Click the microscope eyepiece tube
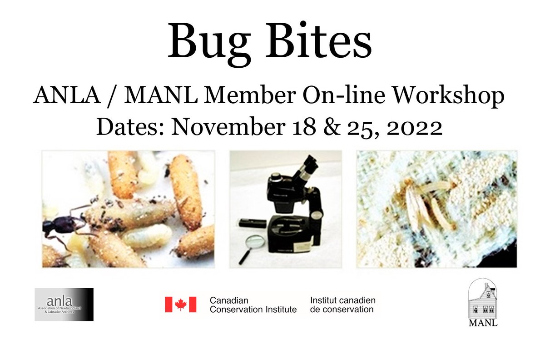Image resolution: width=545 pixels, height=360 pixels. (303, 169)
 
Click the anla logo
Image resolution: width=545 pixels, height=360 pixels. (64, 304)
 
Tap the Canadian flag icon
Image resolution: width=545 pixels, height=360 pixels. (180, 305)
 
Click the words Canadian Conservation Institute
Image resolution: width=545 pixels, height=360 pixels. (253, 305)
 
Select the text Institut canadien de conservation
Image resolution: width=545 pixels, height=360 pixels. (342, 305)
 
